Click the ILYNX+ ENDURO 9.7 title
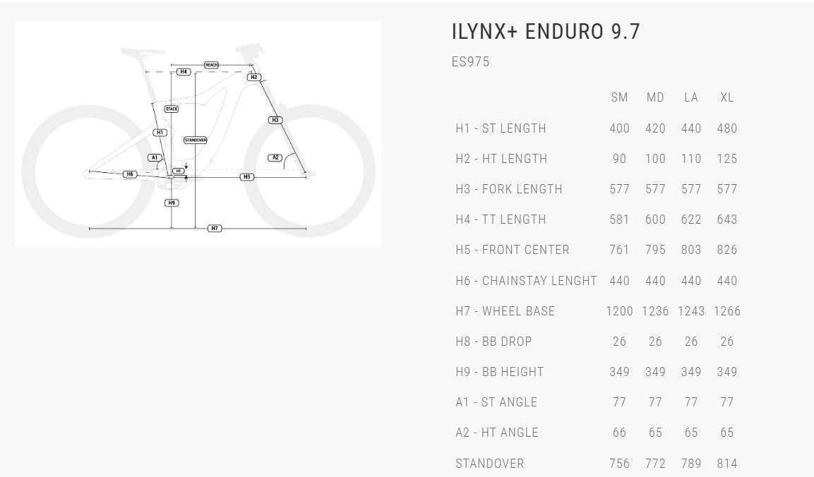[x=546, y=32]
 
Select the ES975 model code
[x=470, y=62]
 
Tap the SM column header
[x=619, y=97]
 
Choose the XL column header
[x=726, y=97]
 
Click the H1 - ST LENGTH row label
[x=501, y=128]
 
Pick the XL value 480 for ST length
[x=726, y=128]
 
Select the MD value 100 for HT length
[x=655, y=159]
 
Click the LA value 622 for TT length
[x=691, y=219]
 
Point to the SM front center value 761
[x=619, y=250]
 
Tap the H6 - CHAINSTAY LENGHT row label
[x=526, y=281]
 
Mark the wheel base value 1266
[x=726, y=311]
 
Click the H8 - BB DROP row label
[x=493, y=342]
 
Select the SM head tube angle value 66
[x=619, y=433]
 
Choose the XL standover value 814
[x=726, y=464]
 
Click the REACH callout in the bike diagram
[x=211, y=65]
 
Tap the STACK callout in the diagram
[x=172, y=109]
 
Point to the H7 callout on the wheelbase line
[x=215, y=229]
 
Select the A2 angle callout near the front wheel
[x=275, y=157]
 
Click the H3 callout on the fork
[x=275, y=120]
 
